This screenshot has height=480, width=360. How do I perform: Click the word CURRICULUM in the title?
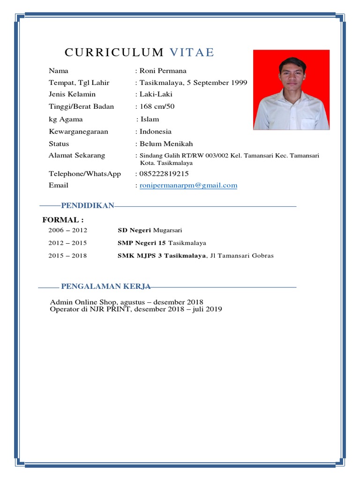(x=114, y=52)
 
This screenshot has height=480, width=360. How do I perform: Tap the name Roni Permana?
(x=163, y=71)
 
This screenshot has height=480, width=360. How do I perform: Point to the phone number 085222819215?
(x=164, y=173)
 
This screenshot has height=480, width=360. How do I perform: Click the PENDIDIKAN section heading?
(x=88, y=206)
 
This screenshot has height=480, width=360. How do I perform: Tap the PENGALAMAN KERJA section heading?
(x=105, y=286)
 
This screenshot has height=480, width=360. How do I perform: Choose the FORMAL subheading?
(x=63, y=219)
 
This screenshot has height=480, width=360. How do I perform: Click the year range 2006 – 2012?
(x=67, y=230)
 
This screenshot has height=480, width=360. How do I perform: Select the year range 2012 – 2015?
(x=67, y=243)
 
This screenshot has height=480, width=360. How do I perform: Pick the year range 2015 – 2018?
(x=67, y=255)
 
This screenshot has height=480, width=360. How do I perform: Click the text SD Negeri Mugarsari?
(x=150, y=230)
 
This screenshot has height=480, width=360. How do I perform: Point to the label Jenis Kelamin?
(x=72, y=94)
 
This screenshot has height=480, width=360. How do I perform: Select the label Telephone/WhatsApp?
(x=85, y=173)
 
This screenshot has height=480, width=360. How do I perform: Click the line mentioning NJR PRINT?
(x=136, y=309)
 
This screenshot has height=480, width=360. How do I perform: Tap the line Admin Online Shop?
(x=127, y=302)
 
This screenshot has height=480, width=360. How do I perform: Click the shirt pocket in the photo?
(x=309, y=124)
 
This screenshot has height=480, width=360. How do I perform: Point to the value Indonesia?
(x=156, y=131)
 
